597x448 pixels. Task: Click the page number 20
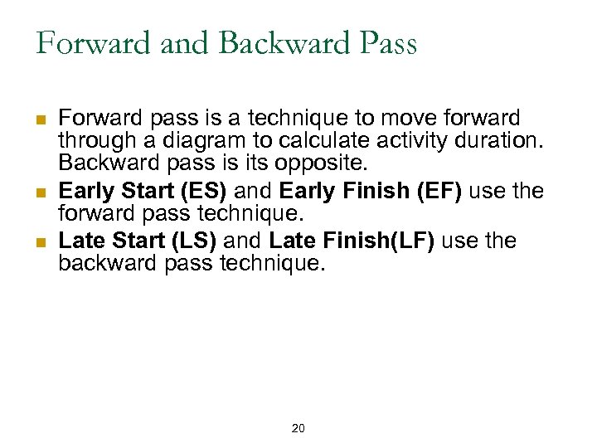[x=298, y=428]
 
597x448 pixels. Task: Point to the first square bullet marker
[x=41, y=119]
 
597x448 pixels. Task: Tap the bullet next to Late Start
[x=41, y=241]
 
